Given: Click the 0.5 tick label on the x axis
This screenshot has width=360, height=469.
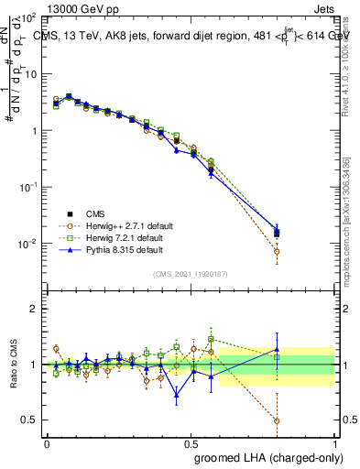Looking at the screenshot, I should [x=191, y=442].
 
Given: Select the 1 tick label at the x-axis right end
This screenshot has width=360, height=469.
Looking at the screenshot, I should [x=334, y=442].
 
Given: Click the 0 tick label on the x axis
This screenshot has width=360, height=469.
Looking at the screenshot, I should [x=47, y=442].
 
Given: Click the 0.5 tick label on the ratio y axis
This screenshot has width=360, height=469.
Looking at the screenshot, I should [x=28, y=420].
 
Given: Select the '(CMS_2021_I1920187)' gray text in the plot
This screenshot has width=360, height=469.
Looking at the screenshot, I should [x=191, y=274].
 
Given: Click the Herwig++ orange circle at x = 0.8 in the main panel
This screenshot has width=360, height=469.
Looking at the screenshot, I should [x=277, y=251].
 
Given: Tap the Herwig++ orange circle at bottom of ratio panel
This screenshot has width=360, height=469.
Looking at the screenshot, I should [x=277, y=421].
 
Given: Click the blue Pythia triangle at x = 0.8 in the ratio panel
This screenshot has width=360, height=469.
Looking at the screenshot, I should [x=277, y=350].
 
